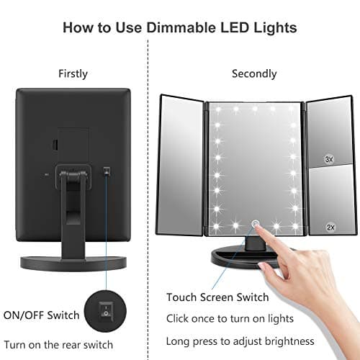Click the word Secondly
point(254,73)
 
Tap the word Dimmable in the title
point(166,29)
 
